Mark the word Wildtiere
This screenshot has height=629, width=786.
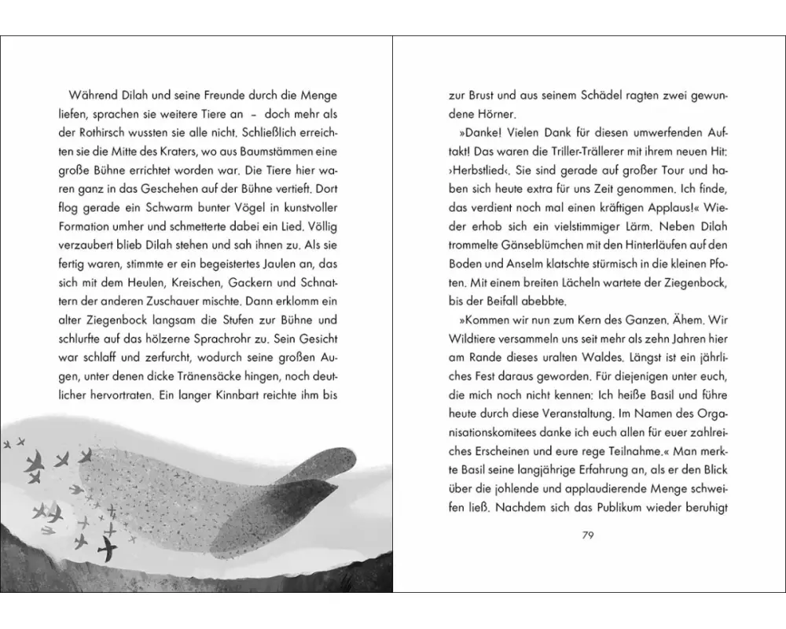point(474,342)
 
